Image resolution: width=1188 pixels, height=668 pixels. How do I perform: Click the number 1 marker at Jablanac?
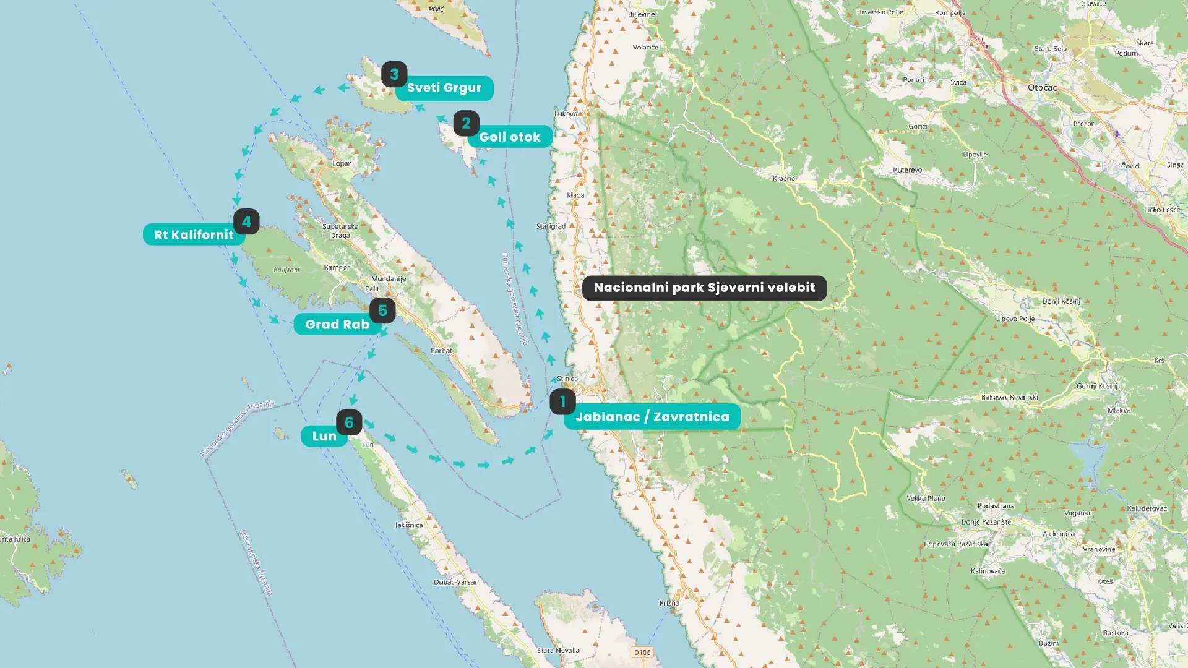(562, 402)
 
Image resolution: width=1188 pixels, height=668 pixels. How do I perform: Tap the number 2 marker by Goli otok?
(466, 124)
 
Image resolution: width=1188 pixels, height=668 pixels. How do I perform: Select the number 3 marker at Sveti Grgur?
(394, 74)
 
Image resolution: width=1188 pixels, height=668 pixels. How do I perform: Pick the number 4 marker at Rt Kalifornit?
(246, 221)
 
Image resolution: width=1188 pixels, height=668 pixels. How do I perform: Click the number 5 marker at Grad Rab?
(382, 310)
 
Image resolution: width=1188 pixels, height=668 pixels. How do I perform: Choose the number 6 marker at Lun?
(349, 422)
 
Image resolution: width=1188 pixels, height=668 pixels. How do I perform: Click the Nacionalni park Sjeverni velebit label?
(704, 288)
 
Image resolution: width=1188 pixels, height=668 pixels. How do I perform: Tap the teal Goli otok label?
(510, 137)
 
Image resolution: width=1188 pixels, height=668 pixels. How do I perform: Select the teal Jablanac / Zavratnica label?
(652, 417)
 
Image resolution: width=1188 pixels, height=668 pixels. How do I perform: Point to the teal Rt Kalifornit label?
(194, 235)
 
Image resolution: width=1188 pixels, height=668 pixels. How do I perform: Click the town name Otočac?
(1042, 88)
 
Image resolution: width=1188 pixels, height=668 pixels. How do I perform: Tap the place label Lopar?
(342, 164)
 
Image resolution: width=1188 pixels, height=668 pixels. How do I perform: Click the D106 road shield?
(642, 653)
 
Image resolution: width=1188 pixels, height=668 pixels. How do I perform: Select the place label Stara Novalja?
(558, 651)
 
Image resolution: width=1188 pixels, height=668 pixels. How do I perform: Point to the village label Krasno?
(783, 178)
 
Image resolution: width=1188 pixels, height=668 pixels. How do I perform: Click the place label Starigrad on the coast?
(551, 226)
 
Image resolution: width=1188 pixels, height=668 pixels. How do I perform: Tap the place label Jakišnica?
(409, 525)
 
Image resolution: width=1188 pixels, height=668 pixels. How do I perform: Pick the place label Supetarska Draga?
(340, 231)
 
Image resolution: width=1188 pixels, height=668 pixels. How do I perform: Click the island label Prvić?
(436, 9)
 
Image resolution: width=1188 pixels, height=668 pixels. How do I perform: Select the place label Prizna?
(669, 603)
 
